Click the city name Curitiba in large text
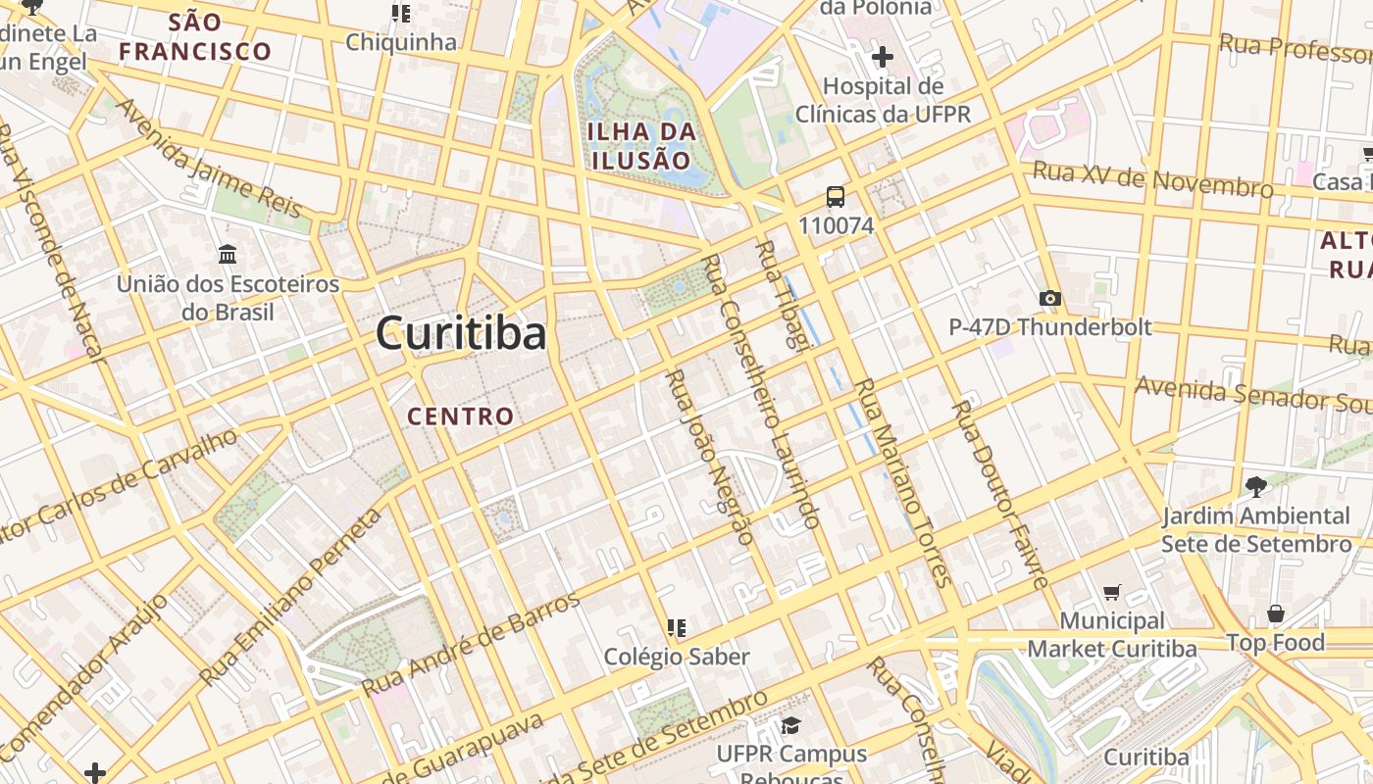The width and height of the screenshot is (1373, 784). (461, 334)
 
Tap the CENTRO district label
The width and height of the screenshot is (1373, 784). (461, 416)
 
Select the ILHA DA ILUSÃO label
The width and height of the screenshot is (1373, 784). (642, 146)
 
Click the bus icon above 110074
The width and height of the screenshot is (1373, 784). (836, 197)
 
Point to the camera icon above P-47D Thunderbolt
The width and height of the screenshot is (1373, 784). (1049, 298)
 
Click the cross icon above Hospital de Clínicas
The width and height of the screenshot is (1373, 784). (882, 57)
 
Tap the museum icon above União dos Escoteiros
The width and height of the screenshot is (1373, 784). (229, 255)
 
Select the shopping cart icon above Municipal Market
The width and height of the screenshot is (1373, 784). (1111, 592)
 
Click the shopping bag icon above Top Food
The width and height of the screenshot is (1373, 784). (1275, 614)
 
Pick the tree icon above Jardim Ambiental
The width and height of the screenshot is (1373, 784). (1255, 486)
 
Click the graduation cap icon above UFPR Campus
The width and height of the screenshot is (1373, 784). (790, 725)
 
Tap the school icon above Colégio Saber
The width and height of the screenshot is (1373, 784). (676, 627)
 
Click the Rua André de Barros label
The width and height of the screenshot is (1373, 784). (472, 644)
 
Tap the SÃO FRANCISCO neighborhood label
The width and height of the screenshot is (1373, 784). (195, 37)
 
